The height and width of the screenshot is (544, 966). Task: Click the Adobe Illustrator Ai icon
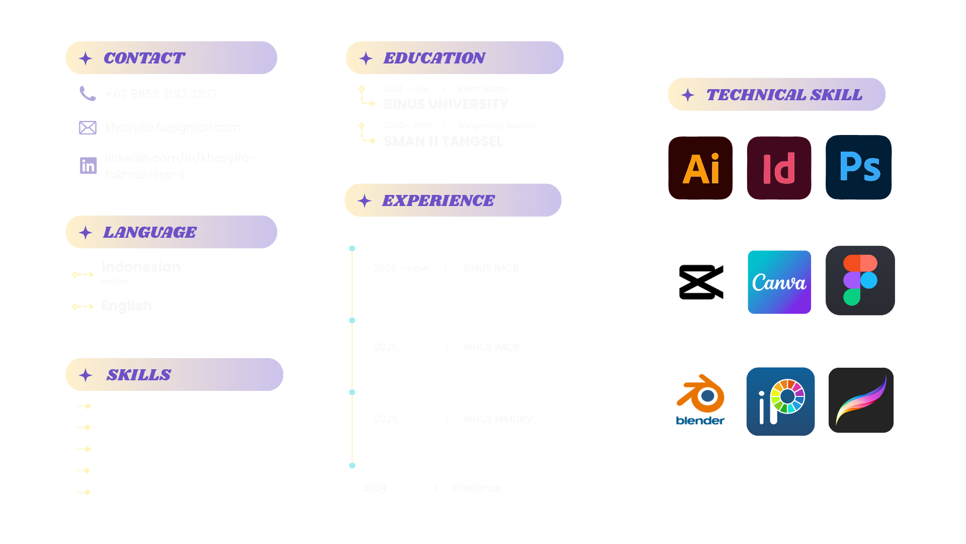(x=700, y=168)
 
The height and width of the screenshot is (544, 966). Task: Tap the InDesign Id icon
(x=779, y=168)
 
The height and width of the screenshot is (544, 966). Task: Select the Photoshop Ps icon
(x=859, y=167)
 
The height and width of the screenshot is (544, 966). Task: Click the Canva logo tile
(x=779, y=282)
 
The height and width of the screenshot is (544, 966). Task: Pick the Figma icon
(x=860, y=281)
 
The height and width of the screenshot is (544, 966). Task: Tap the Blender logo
(x=700, y=400)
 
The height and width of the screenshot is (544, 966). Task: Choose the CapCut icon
(x=700, y=282)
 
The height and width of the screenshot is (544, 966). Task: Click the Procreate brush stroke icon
(x=861, y=400)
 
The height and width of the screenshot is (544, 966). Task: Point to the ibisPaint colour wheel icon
(x=780, y=401)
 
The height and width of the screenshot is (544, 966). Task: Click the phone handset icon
(x=88, y=94)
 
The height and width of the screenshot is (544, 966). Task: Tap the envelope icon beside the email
(x=88, y=127)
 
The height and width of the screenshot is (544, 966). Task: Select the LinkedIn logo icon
(x=88, y=166)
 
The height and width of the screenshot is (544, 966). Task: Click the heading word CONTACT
(x=144, y=58)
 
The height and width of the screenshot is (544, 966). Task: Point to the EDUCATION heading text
(x=434, y=58)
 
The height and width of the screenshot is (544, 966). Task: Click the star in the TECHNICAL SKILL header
(x=688, y=95)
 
